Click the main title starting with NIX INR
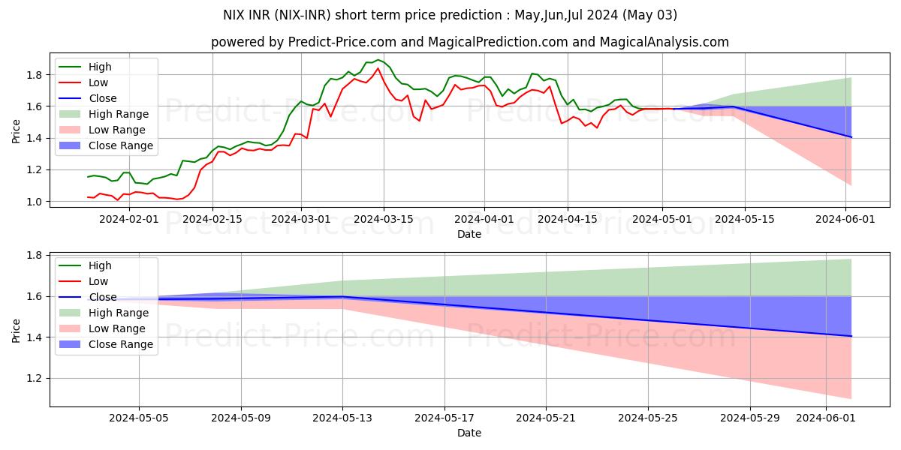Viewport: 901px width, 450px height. (x=450, y=15)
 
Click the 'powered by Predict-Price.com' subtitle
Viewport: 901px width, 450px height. (x=470, y=42)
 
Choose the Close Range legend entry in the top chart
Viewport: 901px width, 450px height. (x=121, y=145)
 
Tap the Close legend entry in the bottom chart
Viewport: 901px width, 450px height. (x=102, y=297)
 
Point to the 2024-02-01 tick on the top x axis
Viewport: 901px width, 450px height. (x=129, y=219)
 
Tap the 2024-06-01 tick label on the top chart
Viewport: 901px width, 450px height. (x=846, y=219)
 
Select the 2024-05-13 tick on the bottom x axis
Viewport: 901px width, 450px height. (x=343, y=418)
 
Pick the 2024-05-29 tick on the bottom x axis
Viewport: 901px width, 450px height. (x=750, y=418)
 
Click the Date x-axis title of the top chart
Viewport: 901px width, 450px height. (x=469, y=234)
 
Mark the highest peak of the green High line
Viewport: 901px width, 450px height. (x=378, y=59)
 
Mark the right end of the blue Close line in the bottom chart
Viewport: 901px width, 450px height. (x=851, y=336)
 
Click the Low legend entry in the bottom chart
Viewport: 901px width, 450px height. (x=98, y=281)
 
